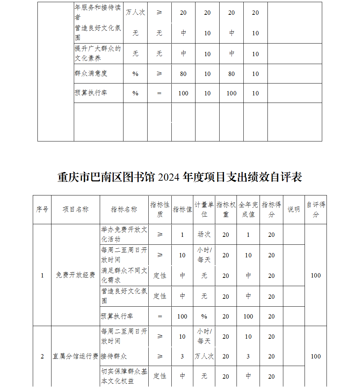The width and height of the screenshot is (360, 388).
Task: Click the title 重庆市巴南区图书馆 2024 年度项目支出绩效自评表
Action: (180, 177)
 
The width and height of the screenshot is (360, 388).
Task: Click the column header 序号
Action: (42, 209)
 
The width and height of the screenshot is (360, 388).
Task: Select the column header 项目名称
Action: (76, 209)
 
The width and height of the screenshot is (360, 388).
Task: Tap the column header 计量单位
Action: (204, 209)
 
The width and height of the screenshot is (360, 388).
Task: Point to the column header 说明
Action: (294, 209)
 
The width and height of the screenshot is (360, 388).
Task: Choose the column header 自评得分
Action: (316, 209)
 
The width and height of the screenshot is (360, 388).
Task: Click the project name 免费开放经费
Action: (76, 275)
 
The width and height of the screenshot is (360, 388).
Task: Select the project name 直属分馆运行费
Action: (76, 356)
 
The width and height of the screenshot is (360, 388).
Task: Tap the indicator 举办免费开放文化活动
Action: (124, 234)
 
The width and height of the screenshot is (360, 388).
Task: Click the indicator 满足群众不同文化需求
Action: (124, 275)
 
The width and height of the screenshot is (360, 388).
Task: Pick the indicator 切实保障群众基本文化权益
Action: (124, 376)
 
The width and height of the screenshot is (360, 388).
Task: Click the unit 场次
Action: (204, 234)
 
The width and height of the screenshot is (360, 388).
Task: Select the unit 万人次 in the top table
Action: (135, 13)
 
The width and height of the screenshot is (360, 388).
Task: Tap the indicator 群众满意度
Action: (91, 73)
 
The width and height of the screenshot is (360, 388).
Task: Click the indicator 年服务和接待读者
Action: (98, 13)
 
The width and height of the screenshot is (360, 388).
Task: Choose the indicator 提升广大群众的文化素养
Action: (98, 53)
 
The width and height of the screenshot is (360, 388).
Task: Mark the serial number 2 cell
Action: (42, 356)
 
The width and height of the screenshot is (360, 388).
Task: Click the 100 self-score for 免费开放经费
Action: (316, 275)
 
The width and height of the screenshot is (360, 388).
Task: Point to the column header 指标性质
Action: (160, 209)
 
